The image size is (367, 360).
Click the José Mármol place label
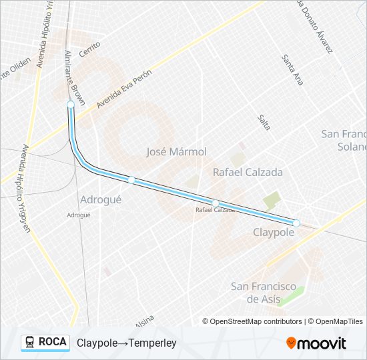(176, 152)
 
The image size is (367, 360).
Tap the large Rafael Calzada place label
(248, 172)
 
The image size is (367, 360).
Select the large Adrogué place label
(101, 199)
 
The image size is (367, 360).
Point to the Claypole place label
(274, 232)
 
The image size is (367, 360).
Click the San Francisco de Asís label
(264, 293)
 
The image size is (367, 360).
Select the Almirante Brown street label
(75, 77)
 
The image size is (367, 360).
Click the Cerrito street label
(89, 49)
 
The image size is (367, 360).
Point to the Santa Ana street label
(292, 70)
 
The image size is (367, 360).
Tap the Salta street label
(264, 122)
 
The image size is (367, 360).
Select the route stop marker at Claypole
(296, 223)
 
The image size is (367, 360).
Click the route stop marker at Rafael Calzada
(216, 203)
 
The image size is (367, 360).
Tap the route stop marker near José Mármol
(131, 179)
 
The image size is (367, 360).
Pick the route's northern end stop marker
(71, 105)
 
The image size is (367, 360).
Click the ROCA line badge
(45, 342)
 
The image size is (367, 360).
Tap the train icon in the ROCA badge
(30, 342)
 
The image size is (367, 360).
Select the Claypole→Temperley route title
(126, 343)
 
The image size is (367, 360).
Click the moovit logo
(316, 343)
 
